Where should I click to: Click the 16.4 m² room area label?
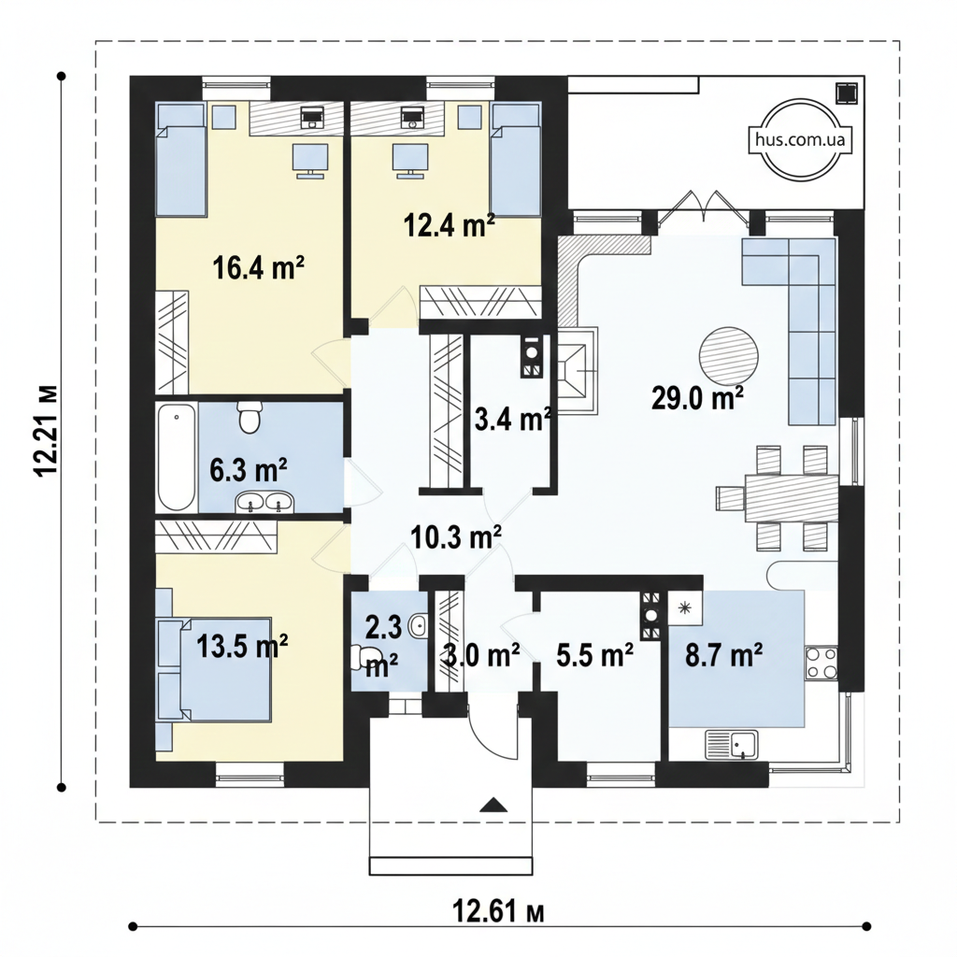tap(258, 268)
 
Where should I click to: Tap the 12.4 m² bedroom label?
tap(450, 226)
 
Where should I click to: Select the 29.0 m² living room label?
tap(697, 398)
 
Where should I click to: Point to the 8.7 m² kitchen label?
tap(724, 656)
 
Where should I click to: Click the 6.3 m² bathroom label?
tap(249, 470)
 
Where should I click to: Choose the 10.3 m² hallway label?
tap(456, 537)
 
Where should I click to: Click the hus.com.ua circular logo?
tap(800, 140)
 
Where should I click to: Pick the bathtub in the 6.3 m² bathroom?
tap(177, 456)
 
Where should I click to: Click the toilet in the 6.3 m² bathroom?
tap(249, 417)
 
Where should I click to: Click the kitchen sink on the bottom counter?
tap(732, 745)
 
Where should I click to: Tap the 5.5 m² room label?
tap(594, 656)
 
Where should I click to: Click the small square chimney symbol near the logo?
tap(847, 93)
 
